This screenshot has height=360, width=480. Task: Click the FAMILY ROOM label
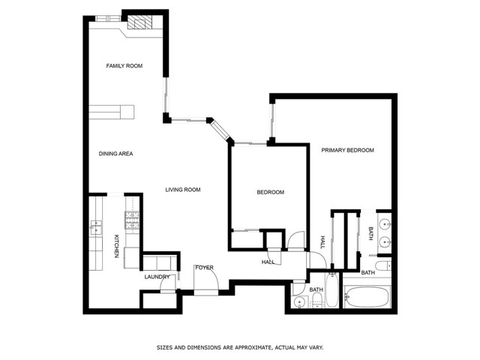(124, 66)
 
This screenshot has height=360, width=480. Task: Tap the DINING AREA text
(115, 154)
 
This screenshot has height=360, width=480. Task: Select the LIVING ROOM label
(183, 190)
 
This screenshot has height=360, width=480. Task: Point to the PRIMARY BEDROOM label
(347, 150)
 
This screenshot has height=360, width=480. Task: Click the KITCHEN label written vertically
(116, 247)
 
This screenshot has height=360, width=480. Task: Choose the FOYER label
(204, 268)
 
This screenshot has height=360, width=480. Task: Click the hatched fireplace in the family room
(139, 22)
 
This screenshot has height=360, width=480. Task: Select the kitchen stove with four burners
(131, 221)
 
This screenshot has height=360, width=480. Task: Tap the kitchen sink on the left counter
(95, 225)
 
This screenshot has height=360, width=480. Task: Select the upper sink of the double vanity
(384, 223)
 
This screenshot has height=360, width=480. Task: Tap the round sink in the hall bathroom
(299, 301)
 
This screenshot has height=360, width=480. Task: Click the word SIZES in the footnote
(164, 348)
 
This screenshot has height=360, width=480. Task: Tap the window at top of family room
(104, 17)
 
